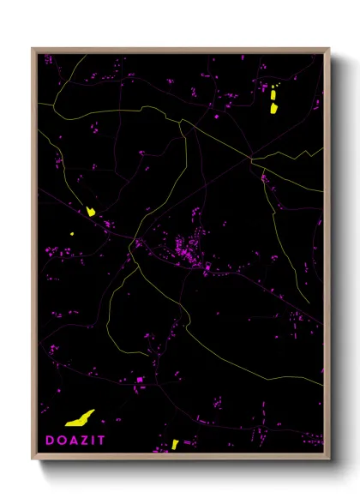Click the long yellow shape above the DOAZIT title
pyautogui.click(x=80, y=418)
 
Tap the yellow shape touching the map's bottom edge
pyautogui.click(x=175, y=444)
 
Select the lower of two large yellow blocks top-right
pyautogui.click(x=273, y=108)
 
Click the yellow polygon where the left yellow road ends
pyautogui.click(x=90, y=211)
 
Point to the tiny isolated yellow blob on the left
pyautogui.click(x=72, y=232)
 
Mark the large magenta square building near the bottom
pyautogui.click(x=140, y=379)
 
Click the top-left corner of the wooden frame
pyautogui.click(x=33, y=49)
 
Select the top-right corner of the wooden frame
pyautogui.click(x=330, y=49)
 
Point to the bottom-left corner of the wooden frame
pyautogui.click(x=33, y=459)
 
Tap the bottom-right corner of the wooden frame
pyautogui.click(x=330, y=459)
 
